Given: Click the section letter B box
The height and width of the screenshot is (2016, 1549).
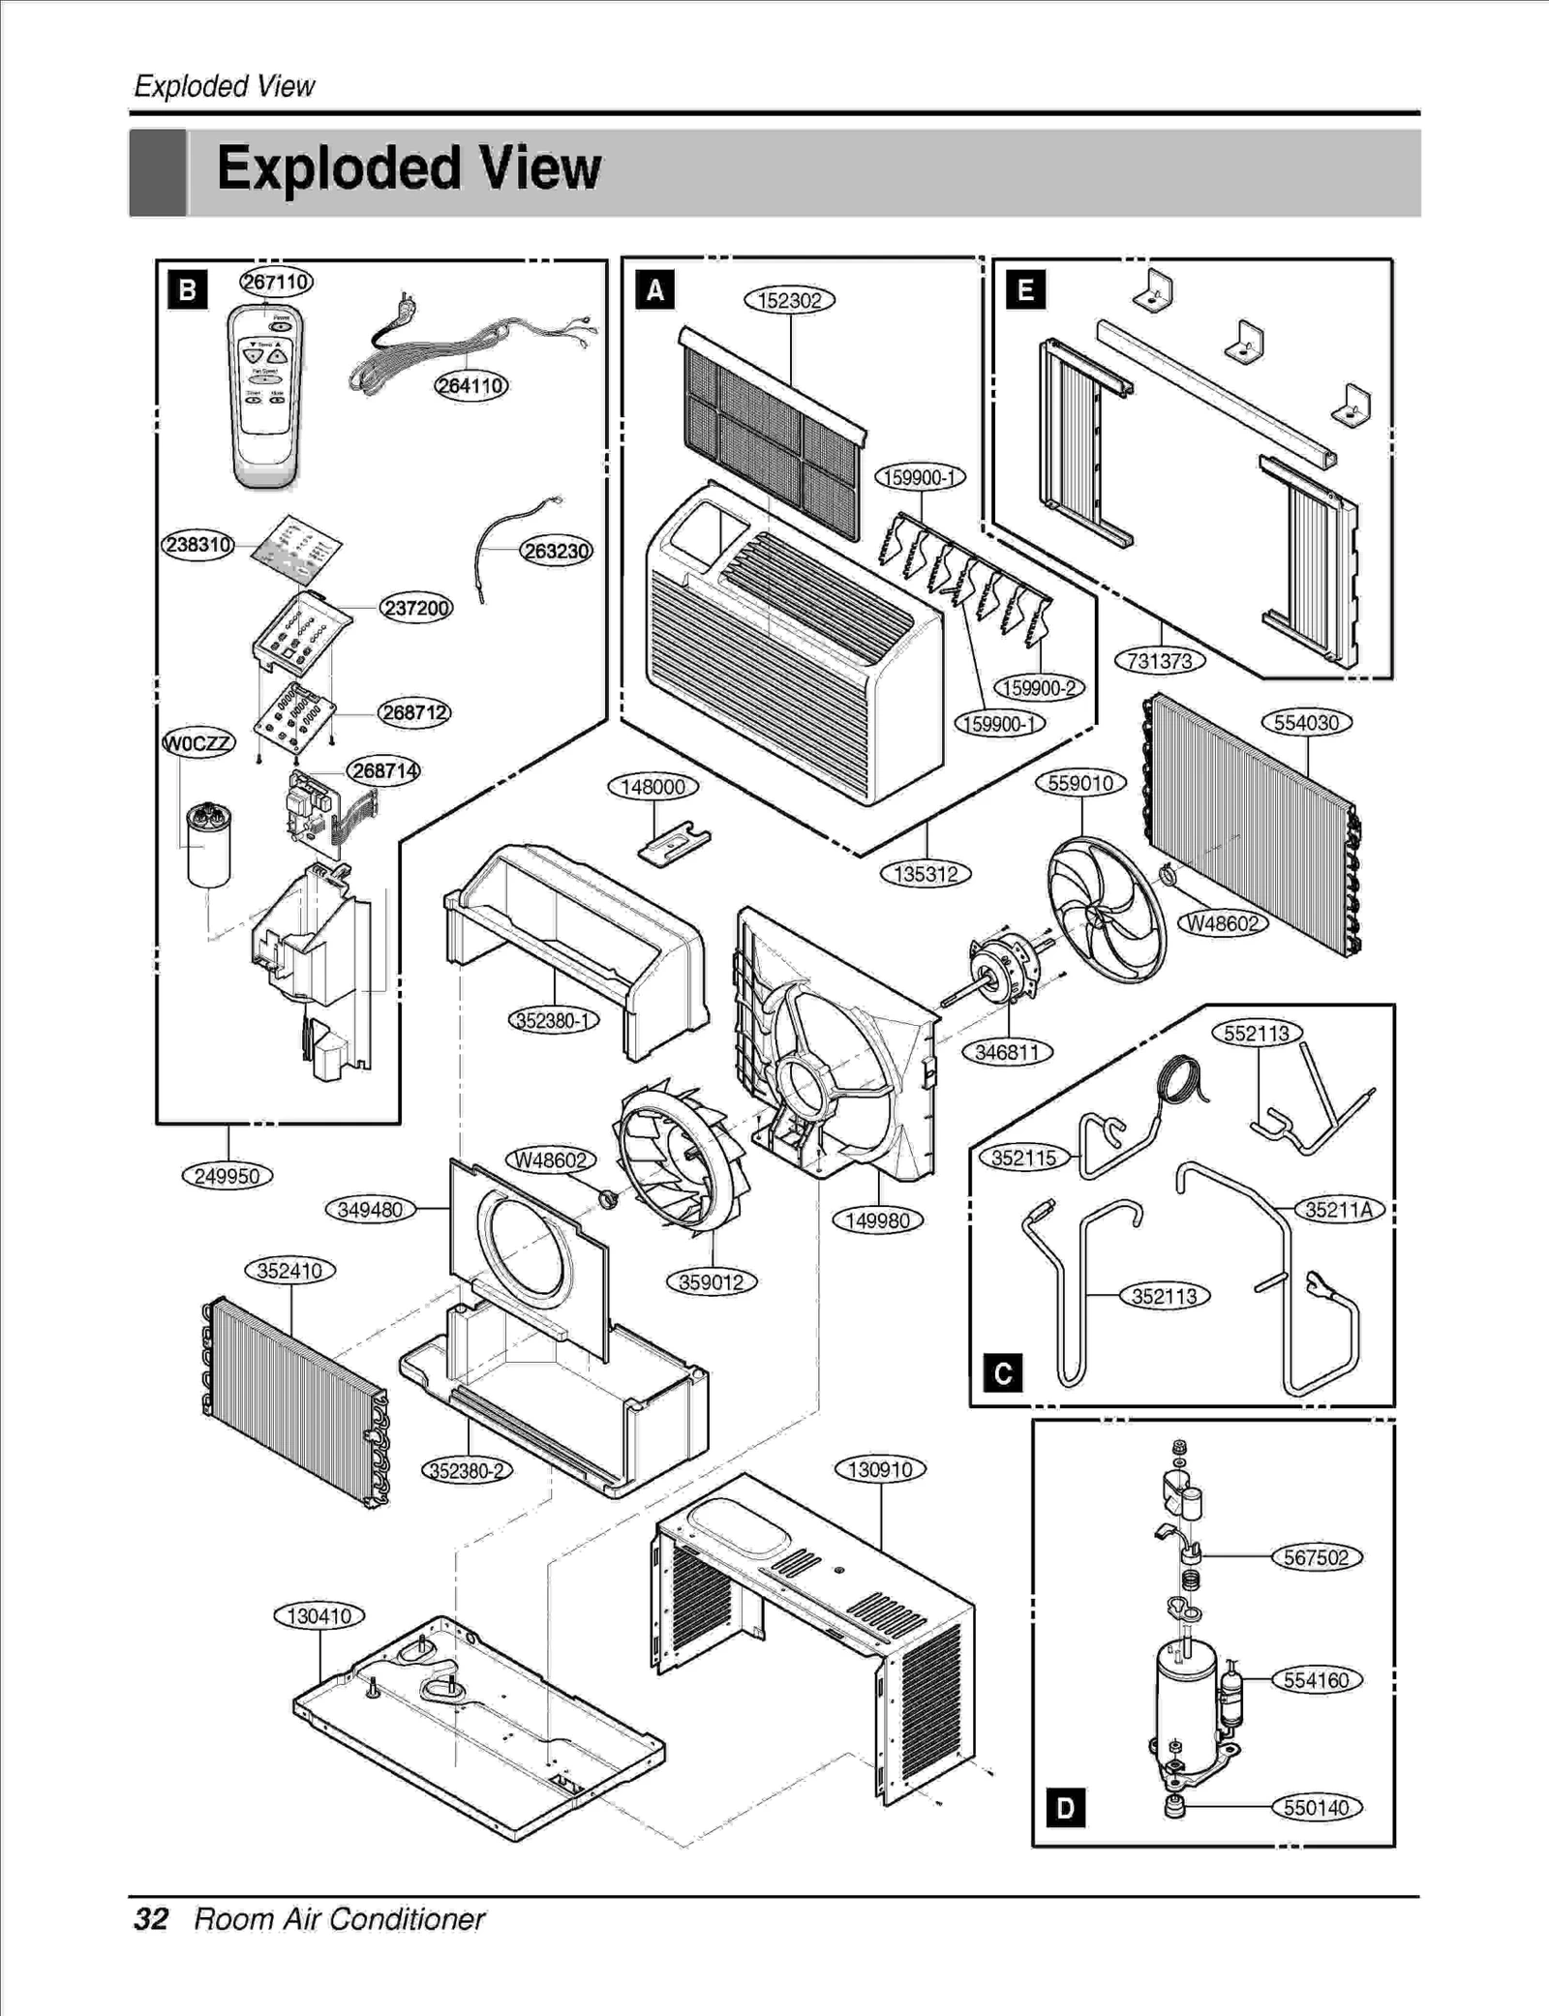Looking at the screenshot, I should tap(187, 290).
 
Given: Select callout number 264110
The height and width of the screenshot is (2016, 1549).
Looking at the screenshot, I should tap(471, 386).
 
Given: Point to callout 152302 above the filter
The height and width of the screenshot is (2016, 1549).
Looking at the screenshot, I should tap(789, 301).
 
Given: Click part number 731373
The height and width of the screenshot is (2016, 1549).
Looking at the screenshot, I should tap(1160, 661).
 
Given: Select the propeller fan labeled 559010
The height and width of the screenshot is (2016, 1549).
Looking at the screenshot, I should tap(1106, 908).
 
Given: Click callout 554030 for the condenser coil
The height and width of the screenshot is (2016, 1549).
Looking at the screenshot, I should tap(1306, 723).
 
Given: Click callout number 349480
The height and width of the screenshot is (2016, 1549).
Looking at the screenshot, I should tap(370, 1210).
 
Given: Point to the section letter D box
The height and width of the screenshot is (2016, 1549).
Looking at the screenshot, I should tap(1065, 1808).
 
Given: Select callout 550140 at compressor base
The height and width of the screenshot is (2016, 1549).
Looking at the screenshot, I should tap(1316, 1808).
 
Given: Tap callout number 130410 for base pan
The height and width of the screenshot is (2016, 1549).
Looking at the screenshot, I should tap(319, 1616).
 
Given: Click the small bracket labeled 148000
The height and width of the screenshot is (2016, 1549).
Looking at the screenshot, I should tap(673, 841).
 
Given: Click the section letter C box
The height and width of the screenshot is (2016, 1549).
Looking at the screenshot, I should tap(1002, 1373).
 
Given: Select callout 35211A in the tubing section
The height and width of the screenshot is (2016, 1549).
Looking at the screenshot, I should tap(1339, 1210).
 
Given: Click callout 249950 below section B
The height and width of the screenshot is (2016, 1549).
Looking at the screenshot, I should tap(228, 1176).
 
